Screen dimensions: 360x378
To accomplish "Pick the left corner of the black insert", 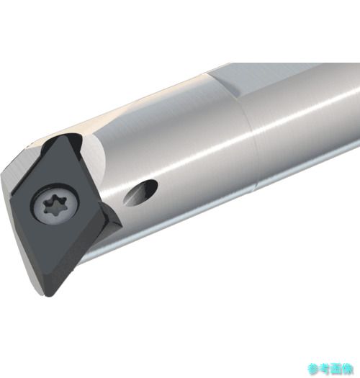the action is pos(11,196).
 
